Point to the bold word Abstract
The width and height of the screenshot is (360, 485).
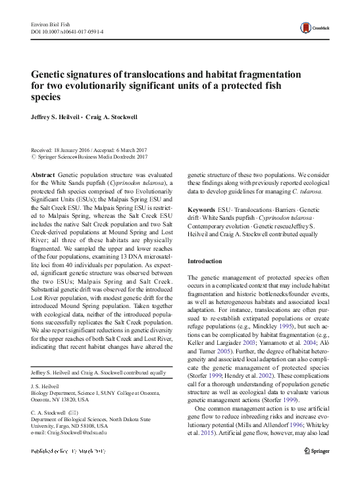pyautogui.click(x=43, y=176)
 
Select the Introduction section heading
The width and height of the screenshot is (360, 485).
pyautogui.click(x=205, y=261)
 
